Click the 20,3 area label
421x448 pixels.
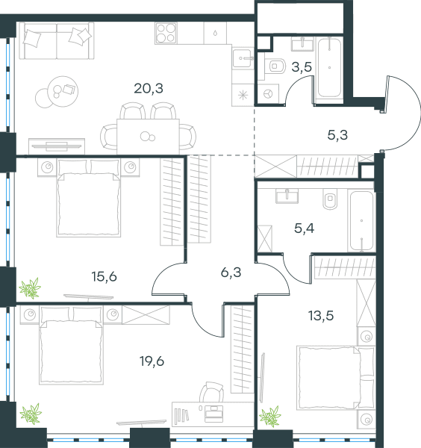pyautogui.click(x=149, y=89)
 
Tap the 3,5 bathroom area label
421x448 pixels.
pyautogui.click(x=302, y=67)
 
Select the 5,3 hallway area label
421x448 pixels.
pyautogui.click(x=337, y=135)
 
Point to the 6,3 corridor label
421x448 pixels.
pyautogui.click(x=231, y=273)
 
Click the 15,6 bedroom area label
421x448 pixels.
pyautogui.click(x=105, y=277)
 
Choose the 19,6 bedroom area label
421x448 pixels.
pyautogui.click(x=152, y=361)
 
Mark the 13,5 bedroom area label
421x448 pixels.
pyautogui.click(x=321, y=316)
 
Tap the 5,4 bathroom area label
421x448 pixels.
pyautogui.click(x=305, y=228)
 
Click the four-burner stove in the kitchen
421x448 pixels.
pyautogui.click(x=166, y=33)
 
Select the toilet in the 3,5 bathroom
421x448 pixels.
pyautogui.click(x=275, y=66)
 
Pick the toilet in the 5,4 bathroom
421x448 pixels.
pyautogui.click(x=330, y=199)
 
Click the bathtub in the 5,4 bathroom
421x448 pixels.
pyautogui.click(x=361, y=221)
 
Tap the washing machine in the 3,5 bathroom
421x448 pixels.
pyautogui.click(x=268, y=94)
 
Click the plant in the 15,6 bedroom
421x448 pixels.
pyautogui.click(x=30, y=288)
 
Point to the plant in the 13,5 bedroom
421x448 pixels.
pyautogui.click(x=270, y=417)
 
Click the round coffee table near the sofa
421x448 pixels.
pyautogui.click(x=63, y=91)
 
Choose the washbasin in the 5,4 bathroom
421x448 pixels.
pyautogui.click(x=287, y=196)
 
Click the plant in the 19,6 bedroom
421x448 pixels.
pyautogui.click(x=31, y=414)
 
